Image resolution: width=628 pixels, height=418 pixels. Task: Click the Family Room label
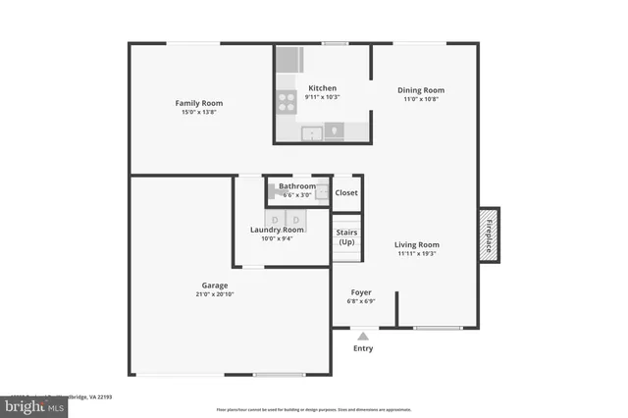click(x=198, y=103)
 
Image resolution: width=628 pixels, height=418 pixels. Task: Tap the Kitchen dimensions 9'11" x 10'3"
click(x=322, y=97)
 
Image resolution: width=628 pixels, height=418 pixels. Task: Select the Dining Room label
click(x=421, y=90)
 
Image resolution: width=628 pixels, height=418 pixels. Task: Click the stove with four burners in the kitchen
click(x=287, y=98)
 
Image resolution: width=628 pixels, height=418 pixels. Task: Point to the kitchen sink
click(x=313, y=132)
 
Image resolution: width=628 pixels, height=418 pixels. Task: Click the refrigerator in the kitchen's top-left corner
click(x=287, y=60)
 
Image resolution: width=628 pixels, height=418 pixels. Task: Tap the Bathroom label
click(x=297, y=186)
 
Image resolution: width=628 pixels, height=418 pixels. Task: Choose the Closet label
click(x=346, y=193)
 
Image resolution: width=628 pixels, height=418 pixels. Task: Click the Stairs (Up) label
click(x=346, y=236)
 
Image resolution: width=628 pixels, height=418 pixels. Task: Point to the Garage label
click(x=215, y=286)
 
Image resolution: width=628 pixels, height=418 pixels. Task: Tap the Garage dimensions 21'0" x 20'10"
click(x=215, y=294)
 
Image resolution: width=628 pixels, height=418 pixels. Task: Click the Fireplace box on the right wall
click(x=489, y=234)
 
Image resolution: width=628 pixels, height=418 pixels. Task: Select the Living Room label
click(x=417, y=244)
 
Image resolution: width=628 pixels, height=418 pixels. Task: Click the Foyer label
click(x=360, y=291)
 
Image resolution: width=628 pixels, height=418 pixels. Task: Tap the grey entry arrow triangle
click(x=363, y=336)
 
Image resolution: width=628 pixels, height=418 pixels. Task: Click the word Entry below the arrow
click(x=363, y=348)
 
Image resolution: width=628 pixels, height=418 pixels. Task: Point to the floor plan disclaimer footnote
click(x=314, y=409)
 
